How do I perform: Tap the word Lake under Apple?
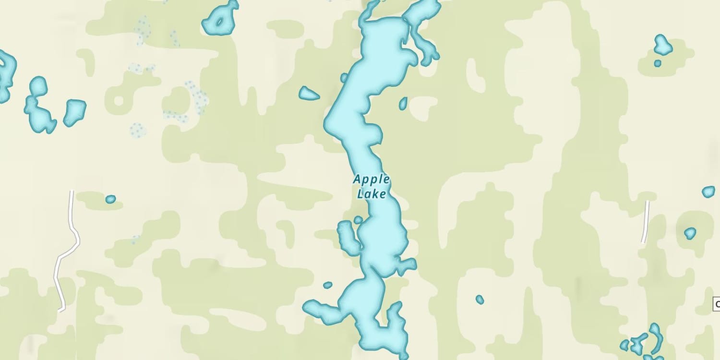pyautogui.click(x=371, y=194)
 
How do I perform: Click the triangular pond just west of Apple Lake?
pyautogui.click(x=308, y=94)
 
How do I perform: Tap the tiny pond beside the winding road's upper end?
pyautogui.click(x=110, y=199)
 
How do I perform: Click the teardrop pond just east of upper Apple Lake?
pyautogui.click(x=403, y=103)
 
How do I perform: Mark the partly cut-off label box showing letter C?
pyautogui.click(x=716, y=304)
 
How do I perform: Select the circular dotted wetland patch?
pyautogui.click(x=137, y=130)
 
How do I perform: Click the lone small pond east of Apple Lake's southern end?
pyautogui.click(x=480, y=300)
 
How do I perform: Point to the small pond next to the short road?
pyautogui.click(x=690, y=233)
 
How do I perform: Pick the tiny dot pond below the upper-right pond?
pyautogui.click(x=658, y=63)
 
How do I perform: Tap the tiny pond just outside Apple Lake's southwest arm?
pyautogui.click(x=328, y=285)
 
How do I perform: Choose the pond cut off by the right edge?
pyautogui.click(x=708, y=192)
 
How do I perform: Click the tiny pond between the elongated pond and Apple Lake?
pyautogui.click(x=358, y=220)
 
